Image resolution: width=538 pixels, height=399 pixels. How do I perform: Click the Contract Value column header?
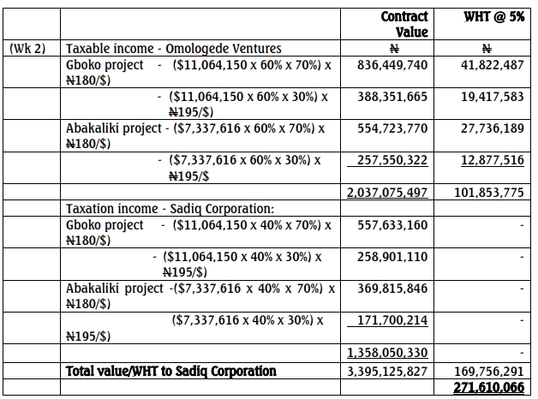[403, 24]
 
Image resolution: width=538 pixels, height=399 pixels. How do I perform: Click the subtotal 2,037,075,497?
[387, 193]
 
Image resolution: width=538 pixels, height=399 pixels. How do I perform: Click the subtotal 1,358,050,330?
[387, 352]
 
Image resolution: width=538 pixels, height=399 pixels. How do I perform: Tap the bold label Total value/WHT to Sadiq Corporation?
[171, 371]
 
